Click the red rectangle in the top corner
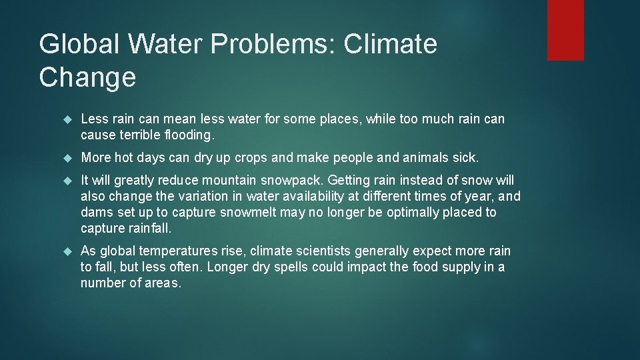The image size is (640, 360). [565, 30]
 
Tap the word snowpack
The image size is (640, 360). [294, 181]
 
